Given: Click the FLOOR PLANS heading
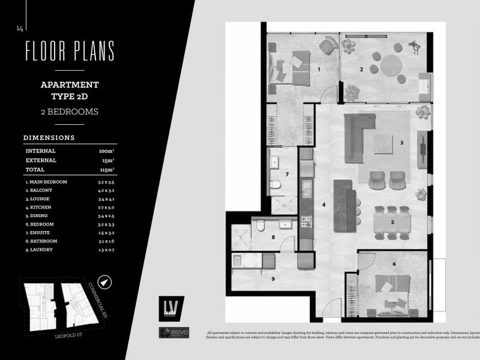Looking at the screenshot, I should tap(70, 52).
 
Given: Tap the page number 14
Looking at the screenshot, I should tap(20, 28).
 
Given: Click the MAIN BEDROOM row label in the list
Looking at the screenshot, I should tap(46, 181).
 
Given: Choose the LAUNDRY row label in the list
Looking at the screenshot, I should tap(40, 250).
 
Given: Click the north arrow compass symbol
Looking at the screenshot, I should tap(106, 281).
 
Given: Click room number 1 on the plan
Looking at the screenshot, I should tap(319, 70).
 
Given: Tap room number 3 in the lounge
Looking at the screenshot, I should tap(401, 143).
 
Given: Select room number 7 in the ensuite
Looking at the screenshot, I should tap(287, 175).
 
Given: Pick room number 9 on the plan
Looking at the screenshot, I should tap(272, 278).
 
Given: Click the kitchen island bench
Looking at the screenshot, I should tap(344, 205).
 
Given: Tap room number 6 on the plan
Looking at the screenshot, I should tap(394, 264).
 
